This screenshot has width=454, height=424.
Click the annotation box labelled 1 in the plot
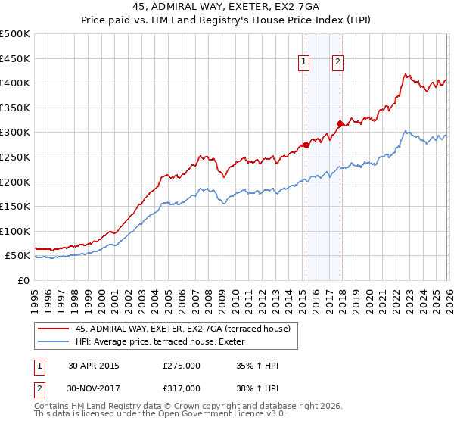click(303, 63)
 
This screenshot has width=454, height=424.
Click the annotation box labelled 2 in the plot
click(337, 63)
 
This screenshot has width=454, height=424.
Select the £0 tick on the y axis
click(24, 280)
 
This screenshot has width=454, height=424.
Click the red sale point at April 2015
click(306, 145)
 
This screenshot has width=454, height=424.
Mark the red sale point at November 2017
click(340, 123)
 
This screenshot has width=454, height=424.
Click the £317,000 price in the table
click(182, 388)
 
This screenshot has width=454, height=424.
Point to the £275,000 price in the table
click(182, 366)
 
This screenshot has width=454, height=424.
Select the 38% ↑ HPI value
click(258, 388)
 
